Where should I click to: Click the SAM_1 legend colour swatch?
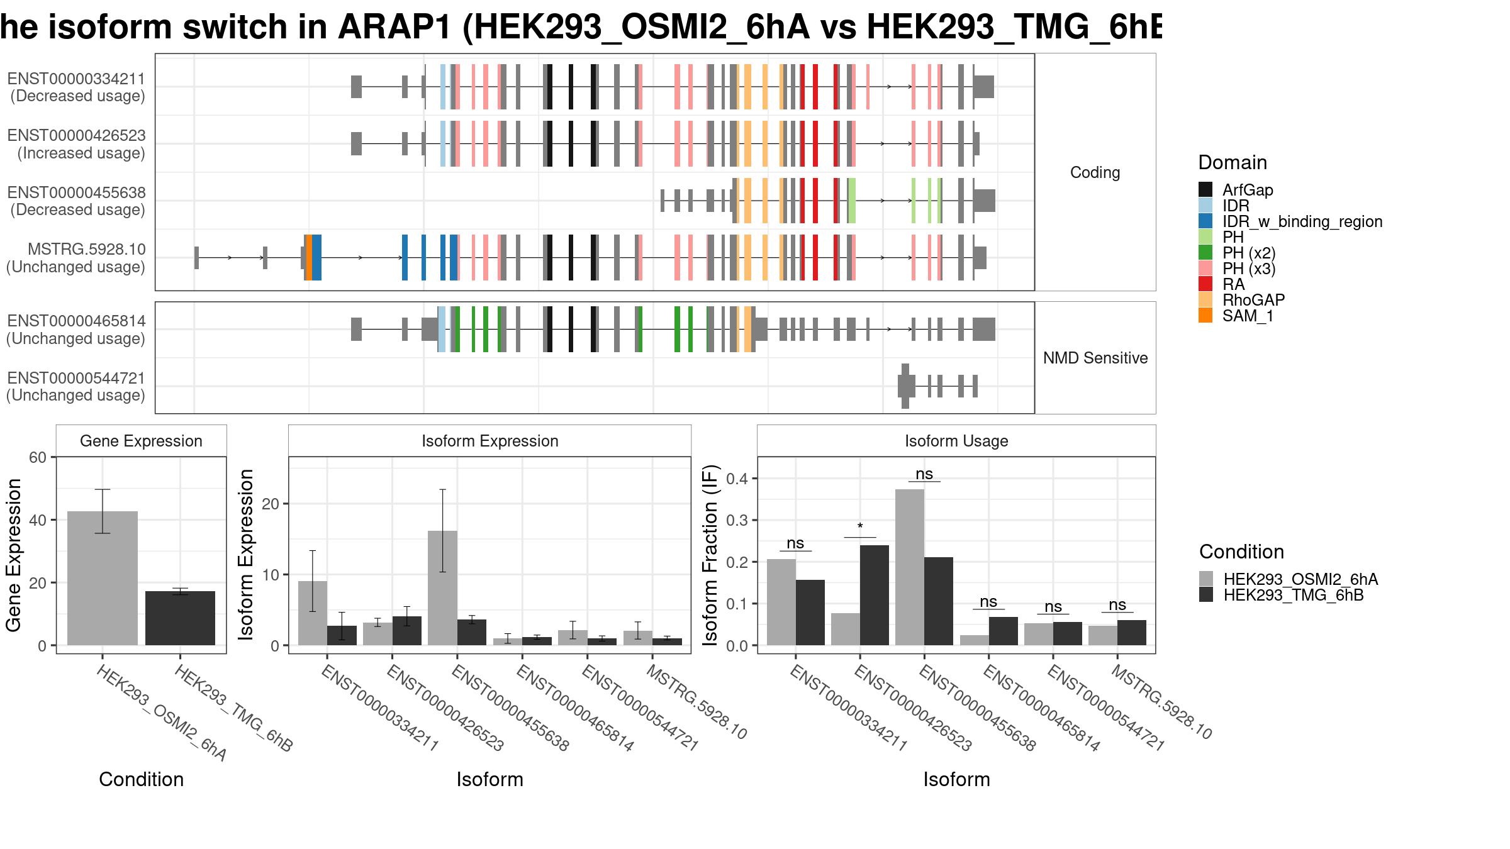1205,316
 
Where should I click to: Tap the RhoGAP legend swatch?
1205,300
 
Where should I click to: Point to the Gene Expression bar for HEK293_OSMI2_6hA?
103,579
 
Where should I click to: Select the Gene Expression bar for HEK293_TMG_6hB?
181,618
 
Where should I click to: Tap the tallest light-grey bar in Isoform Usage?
910,567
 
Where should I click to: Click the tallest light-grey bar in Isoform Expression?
442,588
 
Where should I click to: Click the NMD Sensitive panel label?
1095,358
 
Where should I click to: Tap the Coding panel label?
1095,172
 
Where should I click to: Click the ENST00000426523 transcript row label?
76,144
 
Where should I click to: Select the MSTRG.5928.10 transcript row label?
76,258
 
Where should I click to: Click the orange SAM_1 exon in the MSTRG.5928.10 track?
309,257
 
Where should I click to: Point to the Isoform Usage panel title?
956,441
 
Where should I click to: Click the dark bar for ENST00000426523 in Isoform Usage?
875,595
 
